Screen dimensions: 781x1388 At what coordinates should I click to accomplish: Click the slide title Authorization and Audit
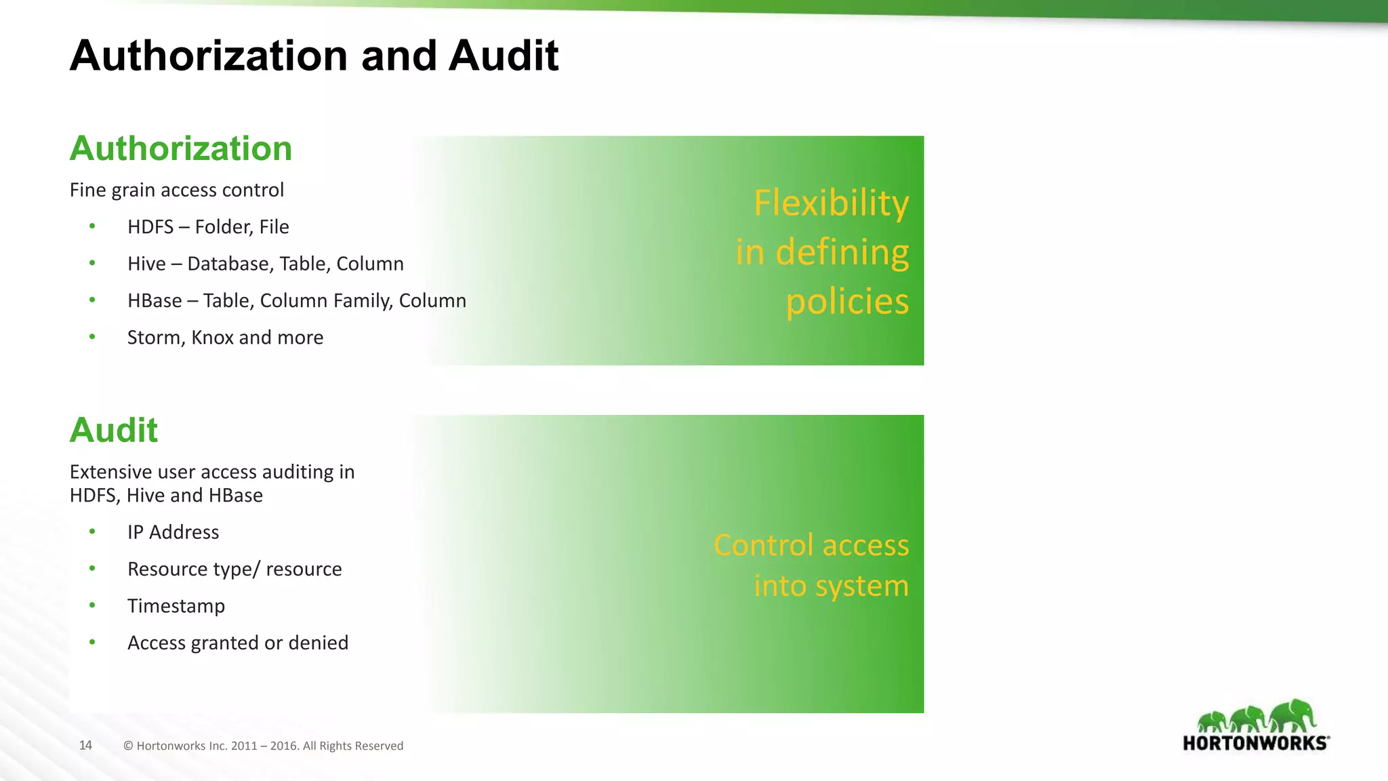tap(314, 56)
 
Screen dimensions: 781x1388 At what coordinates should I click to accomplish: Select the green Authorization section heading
tap(181, 148)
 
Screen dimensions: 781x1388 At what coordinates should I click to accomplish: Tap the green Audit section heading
tap(114, 430)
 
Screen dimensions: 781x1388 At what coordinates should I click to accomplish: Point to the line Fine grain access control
tap(177, 190)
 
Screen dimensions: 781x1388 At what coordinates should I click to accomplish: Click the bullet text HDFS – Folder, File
tap(208, 227)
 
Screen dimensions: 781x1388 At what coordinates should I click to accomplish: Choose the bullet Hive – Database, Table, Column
tap(265, 264)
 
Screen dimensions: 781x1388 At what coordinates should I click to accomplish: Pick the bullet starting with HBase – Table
tap(296, 300)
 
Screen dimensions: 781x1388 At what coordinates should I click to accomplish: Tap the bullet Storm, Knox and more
tap(225, 338)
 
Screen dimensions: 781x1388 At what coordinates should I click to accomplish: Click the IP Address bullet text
tap(173, 532)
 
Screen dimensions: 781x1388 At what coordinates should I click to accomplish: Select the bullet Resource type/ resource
tap(234, 569)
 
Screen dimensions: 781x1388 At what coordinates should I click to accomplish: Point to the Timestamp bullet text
tap(176, 606)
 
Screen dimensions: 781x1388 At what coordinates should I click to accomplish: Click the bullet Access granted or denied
tap(237, 643)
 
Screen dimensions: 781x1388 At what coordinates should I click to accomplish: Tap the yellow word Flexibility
tap(831, 203)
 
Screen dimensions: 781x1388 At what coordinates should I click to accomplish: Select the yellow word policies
tap(847, 302)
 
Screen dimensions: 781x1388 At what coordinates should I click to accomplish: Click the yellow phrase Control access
tap(811, 545)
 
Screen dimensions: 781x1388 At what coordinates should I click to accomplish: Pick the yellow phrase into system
tap(831, 586)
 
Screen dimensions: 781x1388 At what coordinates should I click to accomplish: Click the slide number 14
tap(85, 746)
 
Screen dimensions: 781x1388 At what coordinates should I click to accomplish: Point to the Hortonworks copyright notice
tap(263, 746)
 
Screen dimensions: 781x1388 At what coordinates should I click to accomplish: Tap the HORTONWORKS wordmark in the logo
tap(1255, 743)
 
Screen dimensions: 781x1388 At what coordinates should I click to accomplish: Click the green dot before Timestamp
tap(92, 605)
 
